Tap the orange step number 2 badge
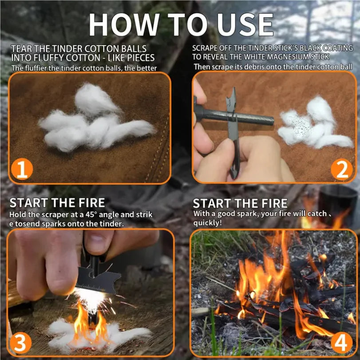click(342, 170)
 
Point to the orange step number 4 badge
click(341, 343)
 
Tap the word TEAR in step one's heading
click(22, 48)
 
